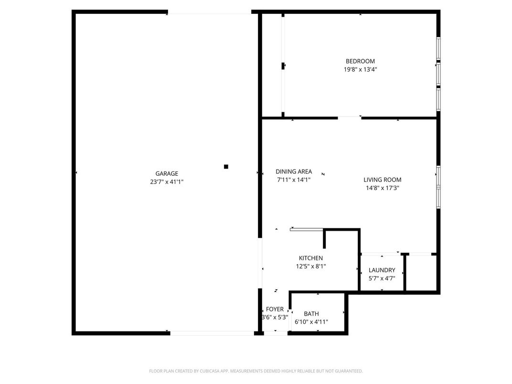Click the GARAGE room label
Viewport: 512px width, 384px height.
167,174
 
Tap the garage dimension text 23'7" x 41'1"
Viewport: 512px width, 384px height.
167,182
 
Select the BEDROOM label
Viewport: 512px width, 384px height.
360,61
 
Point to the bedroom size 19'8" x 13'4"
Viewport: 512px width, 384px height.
360,69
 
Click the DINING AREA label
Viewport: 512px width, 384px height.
294,171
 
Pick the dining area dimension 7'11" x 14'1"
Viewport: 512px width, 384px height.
294,180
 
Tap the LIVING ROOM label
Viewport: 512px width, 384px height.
383,180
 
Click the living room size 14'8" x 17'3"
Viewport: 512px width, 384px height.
383,188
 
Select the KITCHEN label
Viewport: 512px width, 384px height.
311,258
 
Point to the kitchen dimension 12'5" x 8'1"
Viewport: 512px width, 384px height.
311,266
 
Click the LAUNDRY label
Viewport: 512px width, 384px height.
382,270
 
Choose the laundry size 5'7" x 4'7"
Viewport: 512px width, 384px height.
382,278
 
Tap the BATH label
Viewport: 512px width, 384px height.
311,314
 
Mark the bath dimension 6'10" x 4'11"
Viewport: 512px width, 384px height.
311,322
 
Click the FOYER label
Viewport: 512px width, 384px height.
275,309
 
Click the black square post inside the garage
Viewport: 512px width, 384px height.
226,167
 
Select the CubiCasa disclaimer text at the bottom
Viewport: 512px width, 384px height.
256,371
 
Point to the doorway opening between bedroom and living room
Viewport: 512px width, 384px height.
350,117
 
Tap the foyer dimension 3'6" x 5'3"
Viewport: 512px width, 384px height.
275,318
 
